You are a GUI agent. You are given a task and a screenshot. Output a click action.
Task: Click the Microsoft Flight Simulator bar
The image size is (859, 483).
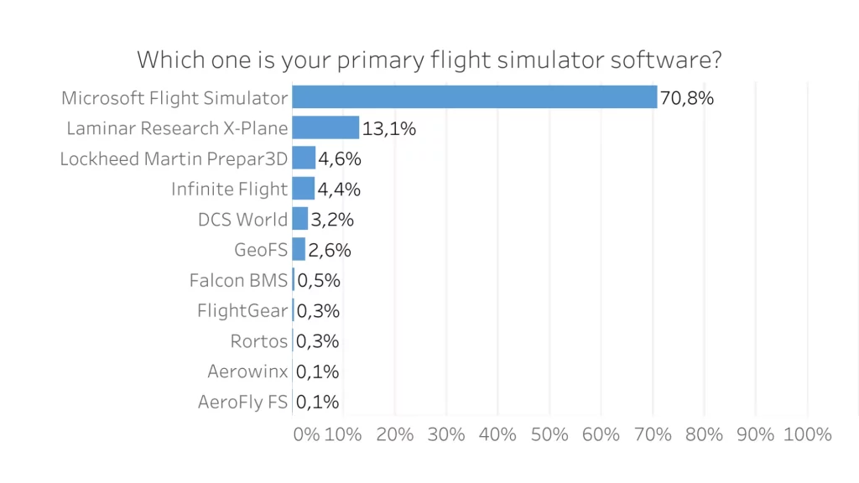pyautogui.click(x=474, y=97)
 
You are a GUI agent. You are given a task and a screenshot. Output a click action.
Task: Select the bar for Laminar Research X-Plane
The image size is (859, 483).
pyautogui.click(x=325, y=127)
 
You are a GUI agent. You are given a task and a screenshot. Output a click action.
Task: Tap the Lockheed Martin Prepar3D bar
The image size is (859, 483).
pyautogui.click(x=304, y=158)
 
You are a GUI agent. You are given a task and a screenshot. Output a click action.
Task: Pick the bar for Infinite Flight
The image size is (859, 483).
pyautogui.click(x=303, y=189)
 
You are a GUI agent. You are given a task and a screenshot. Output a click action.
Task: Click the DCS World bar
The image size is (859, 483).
pyautogui.click(x=299, y=219)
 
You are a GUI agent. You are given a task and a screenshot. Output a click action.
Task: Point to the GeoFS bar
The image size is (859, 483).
pyautogui.click(x=299, y=249)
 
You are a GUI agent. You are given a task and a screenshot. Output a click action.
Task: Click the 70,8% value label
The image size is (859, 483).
pyautogui.click(x=686, y=98)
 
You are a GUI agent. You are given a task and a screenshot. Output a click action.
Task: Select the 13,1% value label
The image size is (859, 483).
pyautogui.click(x=389, y=128)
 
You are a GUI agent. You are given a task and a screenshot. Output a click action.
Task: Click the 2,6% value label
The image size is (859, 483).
pyautogui.click(x=329, y=250)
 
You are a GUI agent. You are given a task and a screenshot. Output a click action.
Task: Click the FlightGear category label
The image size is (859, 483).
pyautogui.click(x=242, y=311)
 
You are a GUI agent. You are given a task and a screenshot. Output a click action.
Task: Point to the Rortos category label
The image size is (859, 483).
pyautogui.click(x=259, y=341)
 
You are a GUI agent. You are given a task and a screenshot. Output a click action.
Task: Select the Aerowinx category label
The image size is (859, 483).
pyautogui.click(x=247, y=371)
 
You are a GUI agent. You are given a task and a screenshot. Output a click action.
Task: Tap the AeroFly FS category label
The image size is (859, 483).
pyautogui.click(x=242, y=402)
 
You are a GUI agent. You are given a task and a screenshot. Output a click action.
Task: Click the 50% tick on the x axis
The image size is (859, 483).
pyautogui.click(x=550, y=434)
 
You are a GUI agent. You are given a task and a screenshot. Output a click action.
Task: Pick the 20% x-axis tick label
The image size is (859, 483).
pyautogui.click(x=395, y=434)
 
